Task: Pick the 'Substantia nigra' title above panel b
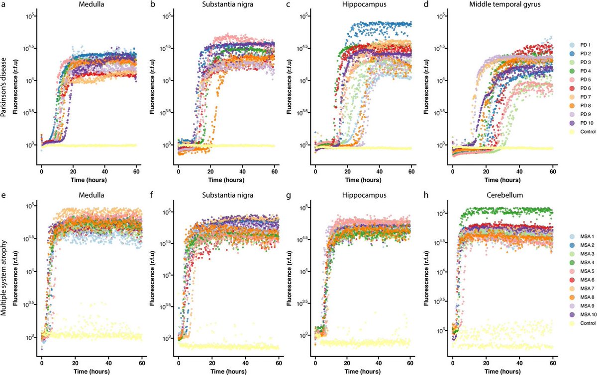[x=228, y=6]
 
